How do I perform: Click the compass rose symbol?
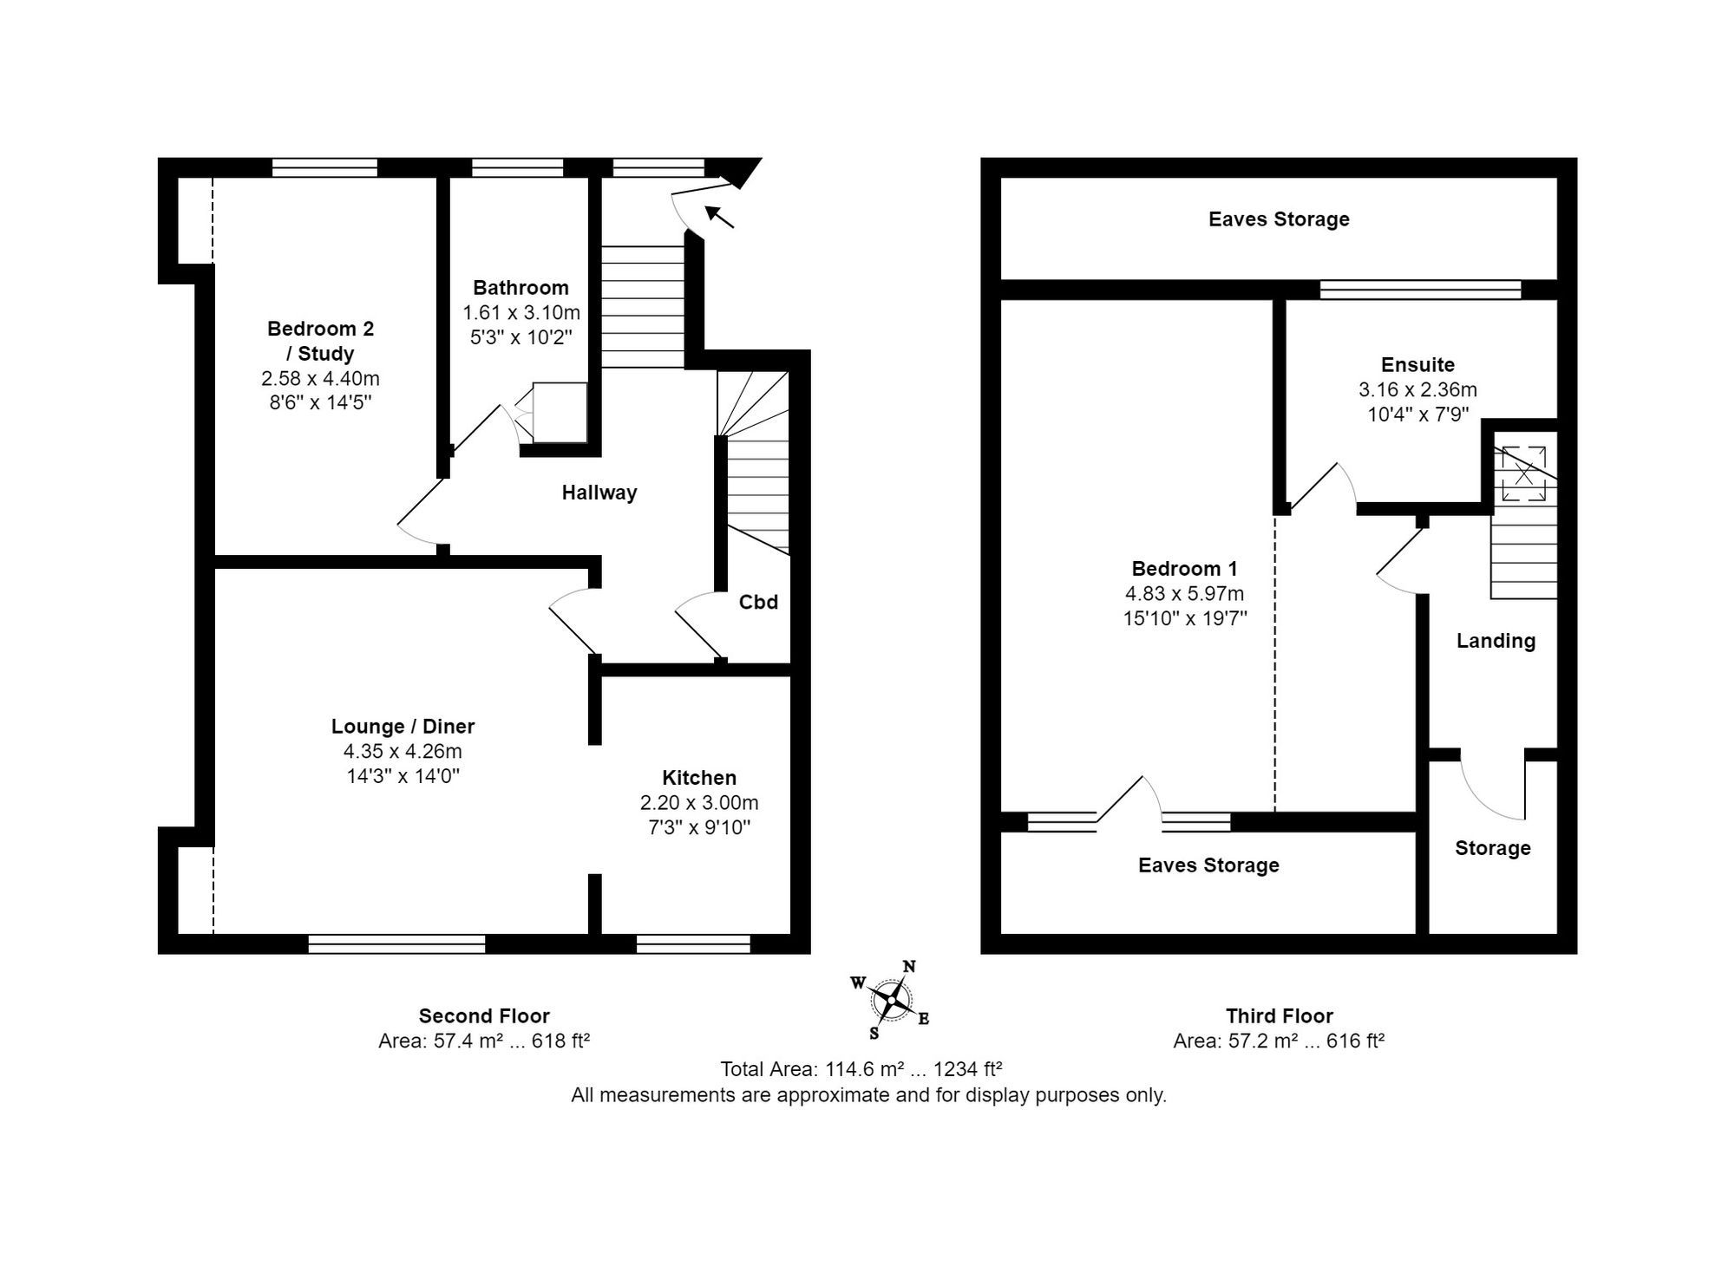tap(891, 1001)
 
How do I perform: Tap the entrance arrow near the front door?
tap(719, 216)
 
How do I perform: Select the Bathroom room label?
tap(520, 288)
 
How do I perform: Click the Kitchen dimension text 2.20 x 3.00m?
tap(699, 803)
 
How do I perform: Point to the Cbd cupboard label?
tap(758, 602)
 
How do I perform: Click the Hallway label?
tap(599, 493)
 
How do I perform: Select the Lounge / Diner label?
tap(403, 727)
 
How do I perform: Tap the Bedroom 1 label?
tap(1184, 569)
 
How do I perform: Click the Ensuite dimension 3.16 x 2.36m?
tap(1417, 390)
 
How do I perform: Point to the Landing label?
tap(1496, 641)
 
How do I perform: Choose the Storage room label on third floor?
tap(1492, 848)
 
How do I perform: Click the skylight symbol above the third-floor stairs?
tap(1524, 473)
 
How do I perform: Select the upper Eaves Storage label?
tap(1279, 219)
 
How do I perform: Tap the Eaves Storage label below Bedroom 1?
tap(1208, 865)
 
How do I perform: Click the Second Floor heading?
tap(484, 1015)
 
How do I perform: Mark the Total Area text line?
tap(861, 1069)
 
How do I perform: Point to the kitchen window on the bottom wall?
tap(693, 944)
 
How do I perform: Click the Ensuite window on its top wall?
tap(1420, 290)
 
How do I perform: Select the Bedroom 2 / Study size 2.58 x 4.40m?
tap(320, 379)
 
